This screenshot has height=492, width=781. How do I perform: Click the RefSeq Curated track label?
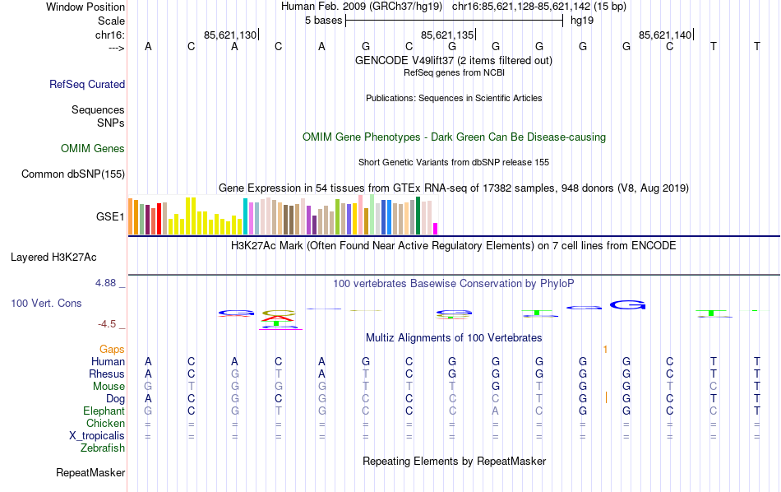coord(87,84)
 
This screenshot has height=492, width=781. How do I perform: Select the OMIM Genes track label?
coord(93,149)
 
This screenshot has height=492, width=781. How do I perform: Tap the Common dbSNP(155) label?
coord(73,174)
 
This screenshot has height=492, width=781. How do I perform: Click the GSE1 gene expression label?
coord(110,217)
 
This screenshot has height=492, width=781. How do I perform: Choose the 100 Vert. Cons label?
coord(46,304)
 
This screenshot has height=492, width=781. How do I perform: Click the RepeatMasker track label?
coord(90,473)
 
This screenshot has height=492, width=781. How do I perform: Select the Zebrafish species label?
coord(103,448)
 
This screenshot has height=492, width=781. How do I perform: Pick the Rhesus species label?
coord(107,374)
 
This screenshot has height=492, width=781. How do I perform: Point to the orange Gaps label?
coord(112,350)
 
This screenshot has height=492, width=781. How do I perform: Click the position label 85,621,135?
coord(447,35)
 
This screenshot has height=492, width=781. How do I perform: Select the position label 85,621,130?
coord(230,35)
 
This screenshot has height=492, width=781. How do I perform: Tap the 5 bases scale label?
coord(321,21)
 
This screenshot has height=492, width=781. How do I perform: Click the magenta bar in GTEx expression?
coord(436,228)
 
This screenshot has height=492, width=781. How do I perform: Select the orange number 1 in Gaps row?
coord(605,350)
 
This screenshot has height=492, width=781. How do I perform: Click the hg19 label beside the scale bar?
coord(581,21)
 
